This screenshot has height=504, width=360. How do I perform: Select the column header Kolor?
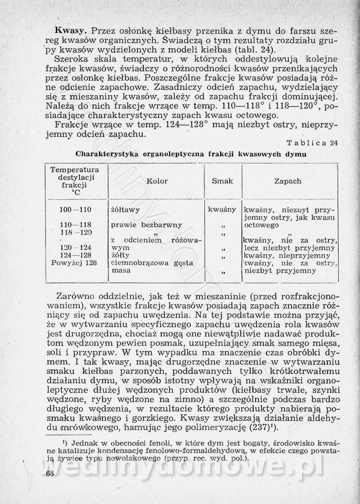point(157,181)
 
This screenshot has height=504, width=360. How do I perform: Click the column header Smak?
point(222,181)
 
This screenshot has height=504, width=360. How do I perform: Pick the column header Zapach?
point(288,181)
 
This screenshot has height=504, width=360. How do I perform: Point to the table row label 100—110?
point(75,209)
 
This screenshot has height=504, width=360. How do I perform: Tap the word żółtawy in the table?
point(125,209)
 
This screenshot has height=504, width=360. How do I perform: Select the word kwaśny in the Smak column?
point(222,209)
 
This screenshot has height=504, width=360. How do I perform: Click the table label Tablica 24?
point(312,143)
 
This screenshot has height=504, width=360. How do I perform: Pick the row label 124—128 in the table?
point(75,255)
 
